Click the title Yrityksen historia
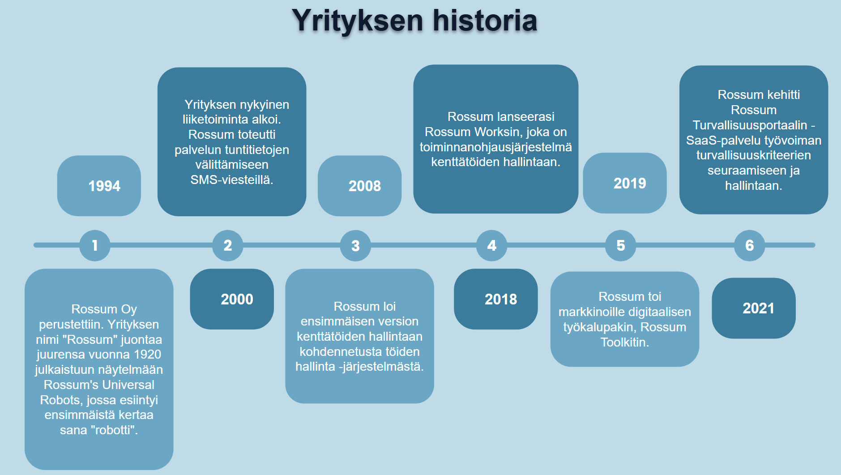pos(414,21)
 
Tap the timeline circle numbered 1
pos(95,245)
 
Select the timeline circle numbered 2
pos(228,245)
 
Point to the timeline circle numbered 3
pos(355,245)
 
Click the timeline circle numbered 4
pos(491,245)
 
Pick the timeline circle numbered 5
pos(620,245)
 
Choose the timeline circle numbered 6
pos(749,245)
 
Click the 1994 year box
pos(99,186)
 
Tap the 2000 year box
pos(232,299)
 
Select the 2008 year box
pos(359,186)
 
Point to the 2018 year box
pos(496,299)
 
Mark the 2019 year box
pos(625,183)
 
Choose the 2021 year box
pos(754,308)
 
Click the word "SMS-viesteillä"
pos(231,180)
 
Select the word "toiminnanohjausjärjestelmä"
pos(495,147)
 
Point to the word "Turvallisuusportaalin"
pos(750,125)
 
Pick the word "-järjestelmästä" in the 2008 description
pos(381,367)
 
